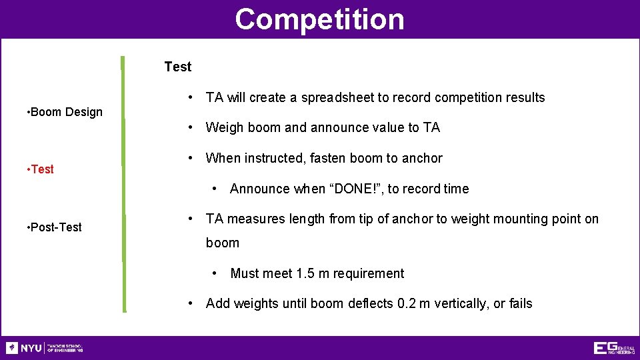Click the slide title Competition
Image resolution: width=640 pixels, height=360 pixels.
pyautogui.click(x=319, y=19)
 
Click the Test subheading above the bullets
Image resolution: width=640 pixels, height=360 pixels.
pyautogui.click(x=177, y=67)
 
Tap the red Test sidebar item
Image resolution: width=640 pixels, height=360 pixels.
pyautogui.click(x=41, y=169)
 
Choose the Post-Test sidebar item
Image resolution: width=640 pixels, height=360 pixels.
pyautogui.click(x=56, y=227)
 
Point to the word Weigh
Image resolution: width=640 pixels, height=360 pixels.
pyautogui.click(x=225, y=127)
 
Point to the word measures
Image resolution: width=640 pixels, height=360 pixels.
pyautogui.click(x=253, y=219)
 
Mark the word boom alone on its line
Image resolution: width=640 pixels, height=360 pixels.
pyautogui.click(x=222, y=243)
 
